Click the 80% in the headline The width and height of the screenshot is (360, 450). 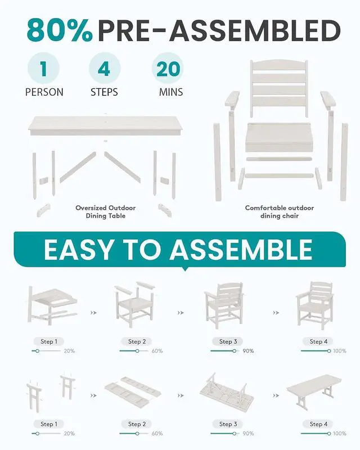coord(60,31)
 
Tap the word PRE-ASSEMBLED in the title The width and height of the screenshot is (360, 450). coord(219,31)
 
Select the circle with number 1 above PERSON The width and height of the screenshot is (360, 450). coord(44,69)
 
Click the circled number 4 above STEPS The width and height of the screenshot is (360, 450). coord(104,69)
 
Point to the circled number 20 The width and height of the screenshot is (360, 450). coord(168,69)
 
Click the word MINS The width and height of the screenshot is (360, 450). coord(171,92)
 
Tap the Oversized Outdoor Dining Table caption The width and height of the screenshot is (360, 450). coord(106,212)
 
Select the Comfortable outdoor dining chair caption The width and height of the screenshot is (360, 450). coord(280,212)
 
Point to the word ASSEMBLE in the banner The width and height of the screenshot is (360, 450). coord(241,250)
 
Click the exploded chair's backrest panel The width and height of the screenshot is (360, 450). coord(279,88)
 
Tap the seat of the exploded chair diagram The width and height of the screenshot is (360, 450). coord(278,137)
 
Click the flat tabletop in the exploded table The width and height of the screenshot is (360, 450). coord(106,125)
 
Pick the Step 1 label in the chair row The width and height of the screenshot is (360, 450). coord(49,341)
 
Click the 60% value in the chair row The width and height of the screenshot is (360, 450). coord(157,351)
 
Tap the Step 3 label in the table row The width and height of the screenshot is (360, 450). coord(228,424)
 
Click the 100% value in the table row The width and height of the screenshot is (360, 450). coord(340,434)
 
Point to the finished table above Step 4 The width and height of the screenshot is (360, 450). coord(314,391)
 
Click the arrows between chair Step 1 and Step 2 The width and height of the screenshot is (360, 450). coord(93,313)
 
